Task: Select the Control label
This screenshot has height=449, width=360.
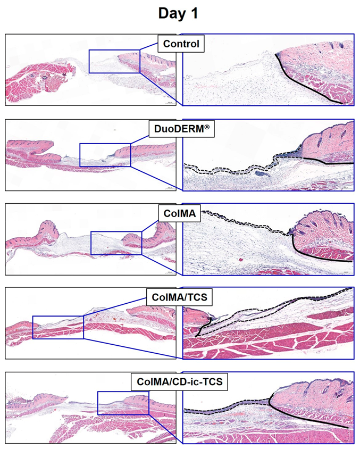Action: (x=181, y=44)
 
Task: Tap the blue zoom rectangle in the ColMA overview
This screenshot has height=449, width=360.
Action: (x=91, y=243)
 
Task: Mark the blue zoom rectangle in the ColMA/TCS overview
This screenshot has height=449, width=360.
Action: (x=33, y=327)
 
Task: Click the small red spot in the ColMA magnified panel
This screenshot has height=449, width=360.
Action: (x=241, y=260)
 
